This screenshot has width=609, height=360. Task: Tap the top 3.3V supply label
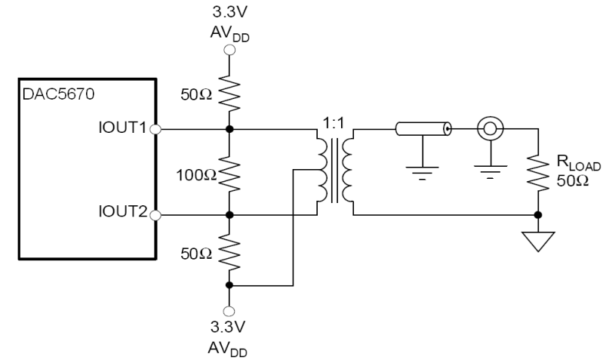pos(231,12)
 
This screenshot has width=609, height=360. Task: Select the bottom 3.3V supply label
pos(231,328)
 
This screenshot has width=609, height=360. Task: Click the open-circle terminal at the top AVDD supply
pos(230,50)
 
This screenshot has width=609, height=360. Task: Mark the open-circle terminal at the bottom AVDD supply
pos(230,310)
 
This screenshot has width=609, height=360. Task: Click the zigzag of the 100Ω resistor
pos(230,172)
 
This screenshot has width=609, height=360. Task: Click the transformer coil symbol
pos(335,172)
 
